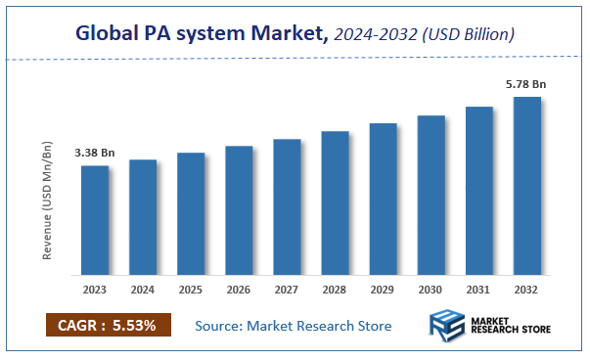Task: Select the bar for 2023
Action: coord(95,219)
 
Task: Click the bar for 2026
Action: coord(240,209)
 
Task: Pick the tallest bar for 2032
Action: coord(527,185)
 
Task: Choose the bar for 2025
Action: coord(191,213)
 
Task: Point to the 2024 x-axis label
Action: coord(143,290)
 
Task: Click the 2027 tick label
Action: coord(287,290)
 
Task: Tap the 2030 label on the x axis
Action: coord(431,290)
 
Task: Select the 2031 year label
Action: coord(479,290)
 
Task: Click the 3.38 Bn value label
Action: coord(95,154)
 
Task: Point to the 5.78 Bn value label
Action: coord(526,85)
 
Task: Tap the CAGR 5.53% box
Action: coord(109,325)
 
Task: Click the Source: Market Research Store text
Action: coord(294,325)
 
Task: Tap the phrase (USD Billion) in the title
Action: coord(466,34)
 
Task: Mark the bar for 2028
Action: coord(336,202)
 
